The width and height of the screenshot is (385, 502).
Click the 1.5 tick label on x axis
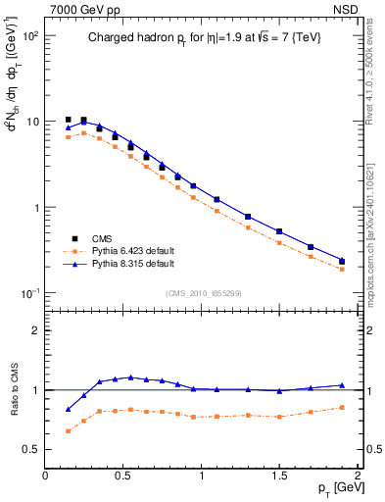pos(279,475)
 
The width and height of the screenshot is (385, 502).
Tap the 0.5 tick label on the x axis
pos(123,475)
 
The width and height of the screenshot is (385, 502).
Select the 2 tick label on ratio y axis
pos(34,330)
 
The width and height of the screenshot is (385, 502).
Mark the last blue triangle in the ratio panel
pos(342,385)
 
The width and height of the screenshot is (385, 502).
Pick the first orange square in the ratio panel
pos(68,430)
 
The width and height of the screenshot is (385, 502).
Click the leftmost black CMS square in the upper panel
pos(68,120)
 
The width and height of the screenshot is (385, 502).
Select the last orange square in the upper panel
pos(342,269)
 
